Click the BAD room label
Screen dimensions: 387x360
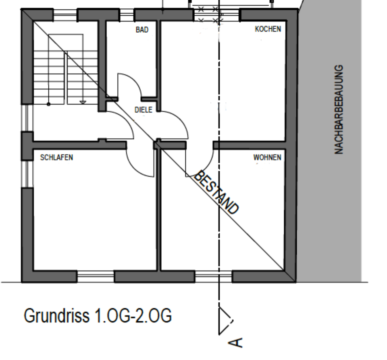tap(142, 30)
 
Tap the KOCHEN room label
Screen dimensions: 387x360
tap(268, 29)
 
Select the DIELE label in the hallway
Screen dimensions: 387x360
tap(143, 109)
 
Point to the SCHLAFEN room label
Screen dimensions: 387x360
tap(57, 157)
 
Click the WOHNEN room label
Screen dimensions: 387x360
tap(267, 157)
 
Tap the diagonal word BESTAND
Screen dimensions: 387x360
tap(217, 192)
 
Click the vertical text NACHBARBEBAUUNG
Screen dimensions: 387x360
tap(339, 109)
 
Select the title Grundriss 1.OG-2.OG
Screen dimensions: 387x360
tap(98, 315)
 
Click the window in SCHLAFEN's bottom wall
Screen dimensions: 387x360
tap(96, 276)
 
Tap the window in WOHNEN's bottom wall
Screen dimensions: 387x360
tap(214, 276)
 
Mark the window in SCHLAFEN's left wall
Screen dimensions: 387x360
tap(27, 174)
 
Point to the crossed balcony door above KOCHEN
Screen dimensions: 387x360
tap(209, 15)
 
